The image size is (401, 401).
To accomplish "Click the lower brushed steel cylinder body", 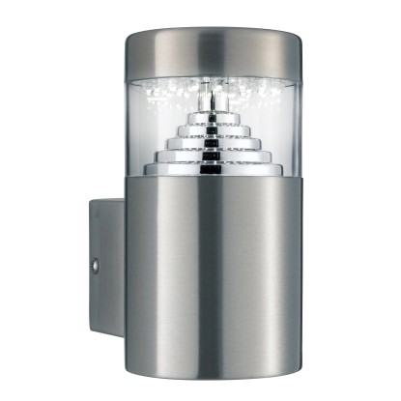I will coord(208,280).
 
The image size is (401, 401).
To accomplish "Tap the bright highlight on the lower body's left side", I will coord(155,280).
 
